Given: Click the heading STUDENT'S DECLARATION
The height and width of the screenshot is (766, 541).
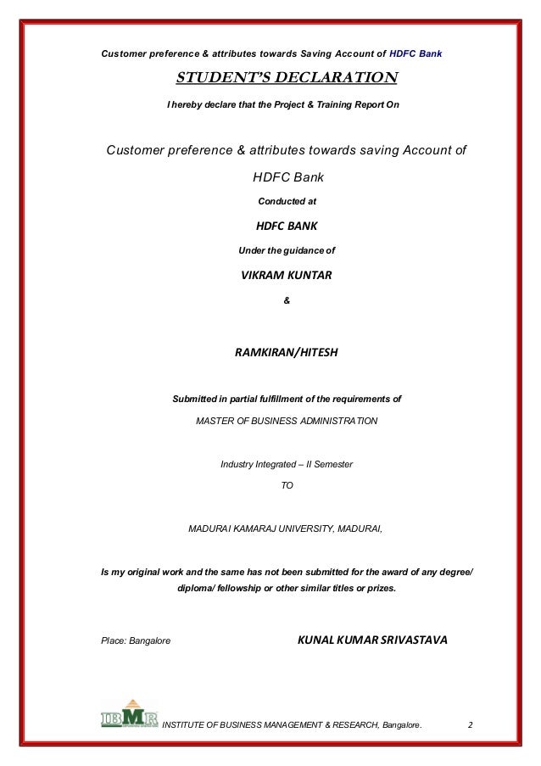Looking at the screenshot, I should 286,79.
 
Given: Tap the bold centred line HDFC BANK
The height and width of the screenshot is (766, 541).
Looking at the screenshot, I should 286,226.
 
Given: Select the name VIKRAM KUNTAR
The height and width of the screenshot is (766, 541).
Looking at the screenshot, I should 286,276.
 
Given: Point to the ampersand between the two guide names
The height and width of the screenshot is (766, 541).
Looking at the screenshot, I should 286,300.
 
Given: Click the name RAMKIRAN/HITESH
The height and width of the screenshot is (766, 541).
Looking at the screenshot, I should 286,349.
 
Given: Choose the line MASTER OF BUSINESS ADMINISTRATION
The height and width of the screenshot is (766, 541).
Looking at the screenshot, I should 287,421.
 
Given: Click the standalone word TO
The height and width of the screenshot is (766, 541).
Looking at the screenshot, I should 286,487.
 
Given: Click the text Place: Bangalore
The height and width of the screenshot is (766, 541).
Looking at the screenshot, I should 136,640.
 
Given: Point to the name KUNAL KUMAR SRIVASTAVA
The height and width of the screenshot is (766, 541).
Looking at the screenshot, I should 371,639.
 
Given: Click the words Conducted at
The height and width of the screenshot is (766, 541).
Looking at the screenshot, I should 286,202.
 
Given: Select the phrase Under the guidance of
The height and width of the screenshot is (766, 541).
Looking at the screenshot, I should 287,250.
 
